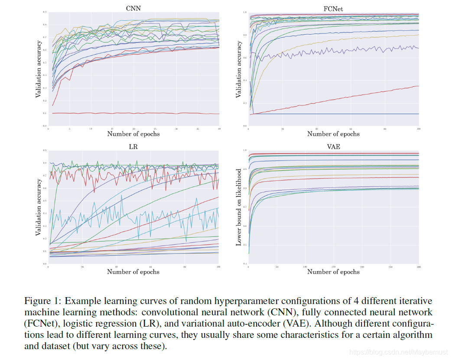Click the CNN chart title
tap(133, 8)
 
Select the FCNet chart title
tap(333, 8)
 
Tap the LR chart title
tap(133, 147)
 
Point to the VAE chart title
tap(333, 147)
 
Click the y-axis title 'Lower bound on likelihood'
tap(238, 207)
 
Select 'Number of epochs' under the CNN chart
tap(133, 134)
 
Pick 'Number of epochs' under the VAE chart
tap(333, 272)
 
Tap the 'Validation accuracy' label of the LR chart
tap(38, 207)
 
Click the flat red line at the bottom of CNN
tap(130, 113)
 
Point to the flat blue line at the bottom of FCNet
tap(338, 114)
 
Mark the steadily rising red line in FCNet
tap(338, 99)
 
